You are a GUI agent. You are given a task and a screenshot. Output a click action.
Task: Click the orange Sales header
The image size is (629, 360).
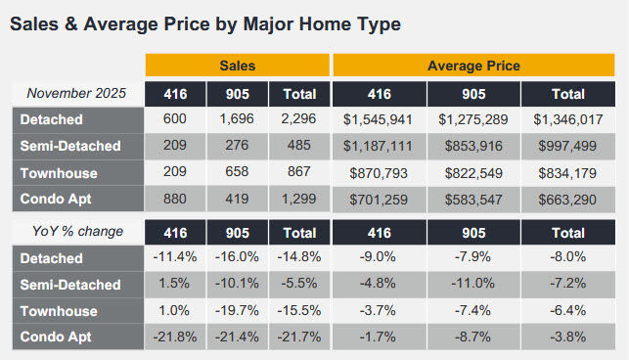click(x=237, y=67)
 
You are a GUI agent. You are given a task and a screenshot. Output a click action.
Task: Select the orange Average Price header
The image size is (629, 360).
click(x=473, y=67)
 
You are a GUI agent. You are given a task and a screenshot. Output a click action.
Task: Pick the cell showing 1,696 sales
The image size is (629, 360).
click(x=237, y=119)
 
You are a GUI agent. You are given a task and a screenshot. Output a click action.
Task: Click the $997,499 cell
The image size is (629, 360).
click(x=567, y=146)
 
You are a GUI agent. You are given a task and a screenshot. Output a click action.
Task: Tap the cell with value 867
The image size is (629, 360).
click(x=297, y=172)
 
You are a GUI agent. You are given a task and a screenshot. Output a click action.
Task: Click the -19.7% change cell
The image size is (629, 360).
click(x=237, y=311)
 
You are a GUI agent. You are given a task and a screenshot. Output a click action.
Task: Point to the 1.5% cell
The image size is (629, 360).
click(x=176, y=285)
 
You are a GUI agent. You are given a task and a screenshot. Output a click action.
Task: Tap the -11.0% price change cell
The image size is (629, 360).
click(x=473, y=285)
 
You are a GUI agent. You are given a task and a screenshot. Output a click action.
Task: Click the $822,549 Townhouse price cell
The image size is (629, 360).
click(x=473, y=172)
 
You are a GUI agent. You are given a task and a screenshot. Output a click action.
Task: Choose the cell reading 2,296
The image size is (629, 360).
click(x=297, y=119)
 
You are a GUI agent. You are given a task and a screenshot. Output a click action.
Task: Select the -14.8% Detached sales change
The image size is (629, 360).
click(x=297, y=258)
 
